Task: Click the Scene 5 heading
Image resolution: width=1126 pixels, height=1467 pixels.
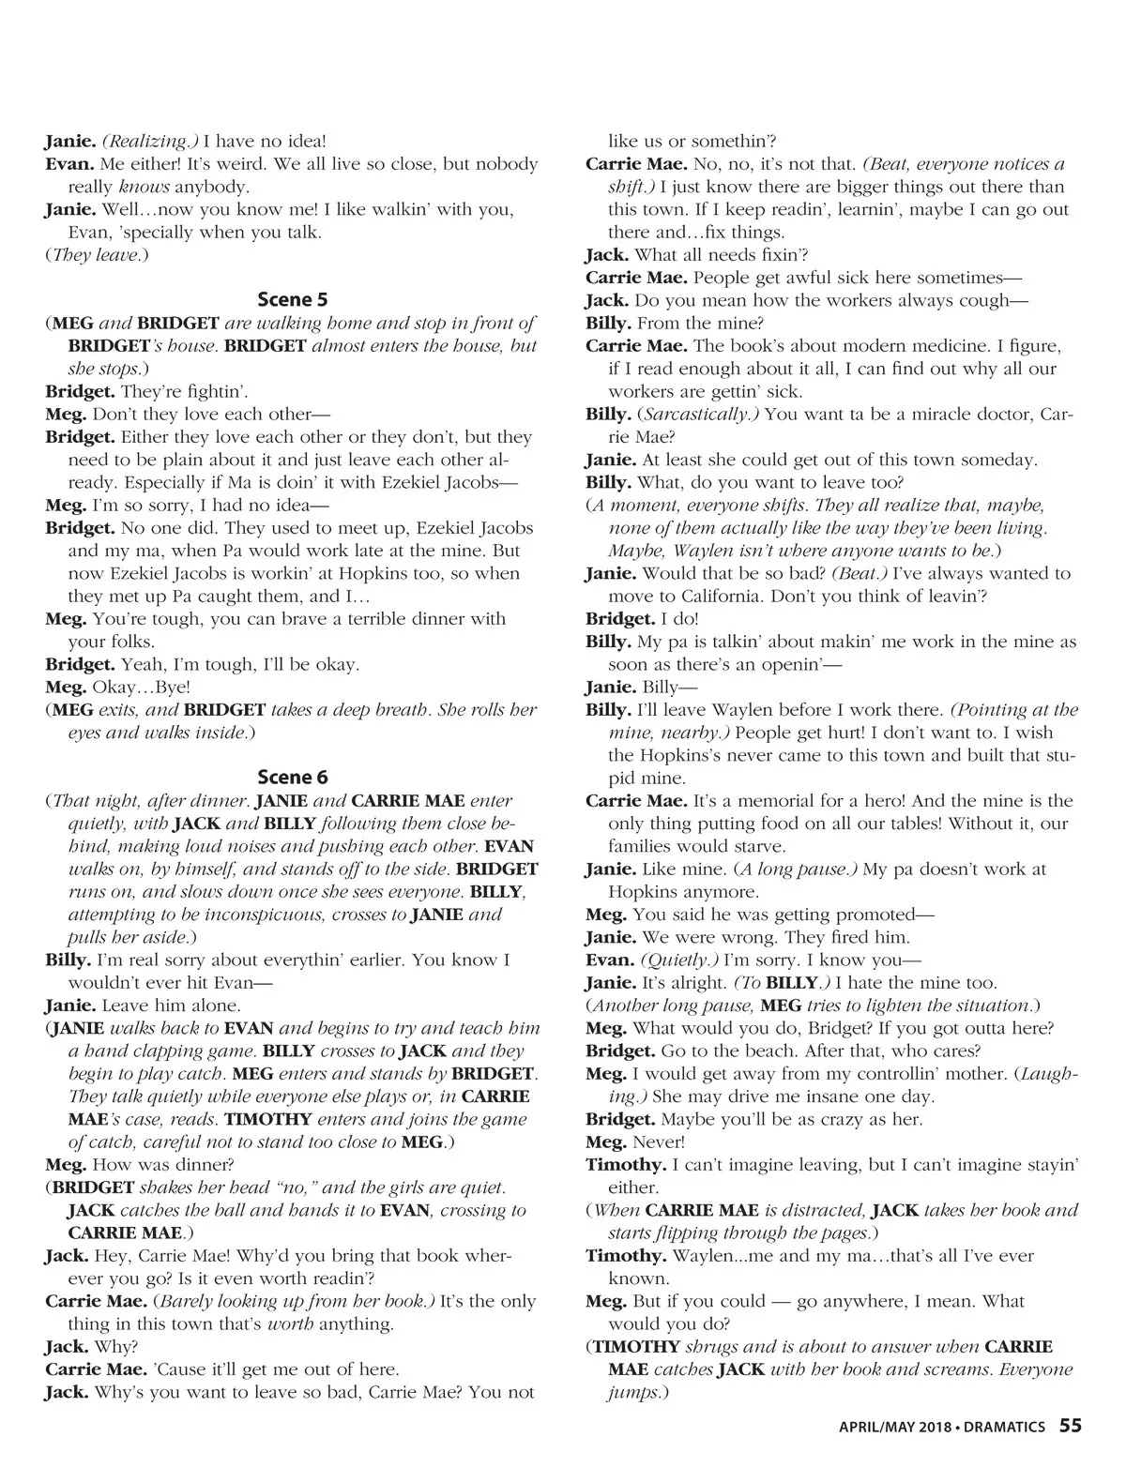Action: click(292, 300)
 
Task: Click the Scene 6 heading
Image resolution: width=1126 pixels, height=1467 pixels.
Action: click(292, 778)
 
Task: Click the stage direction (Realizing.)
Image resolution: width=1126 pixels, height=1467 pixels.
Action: click(150, 142)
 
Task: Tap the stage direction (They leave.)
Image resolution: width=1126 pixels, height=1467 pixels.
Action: click(97, 255)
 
